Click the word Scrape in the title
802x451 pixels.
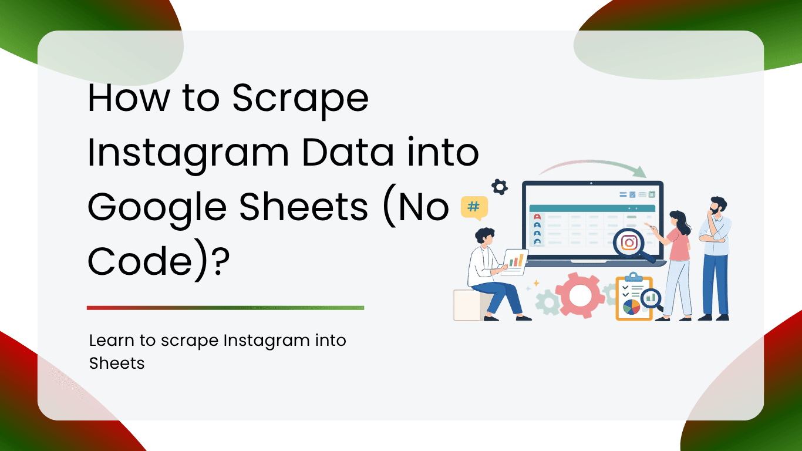pos(300,99)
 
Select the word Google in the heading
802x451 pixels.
pos(157,208)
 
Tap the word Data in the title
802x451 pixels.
pos(348,153)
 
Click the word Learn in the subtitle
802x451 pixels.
pos(112,341)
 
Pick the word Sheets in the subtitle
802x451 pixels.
pos(117,364)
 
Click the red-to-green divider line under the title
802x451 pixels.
pos(225,308)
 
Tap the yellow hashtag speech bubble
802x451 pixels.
pos(474,208)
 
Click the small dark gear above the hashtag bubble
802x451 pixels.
pos(500,187)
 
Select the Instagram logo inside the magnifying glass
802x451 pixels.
pos(629,243)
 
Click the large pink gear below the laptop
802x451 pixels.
pos(580,295)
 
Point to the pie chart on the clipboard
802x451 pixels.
pos(631,307)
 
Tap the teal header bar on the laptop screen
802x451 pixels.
pos(592,208)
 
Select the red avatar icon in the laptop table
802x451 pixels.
pos(537,217)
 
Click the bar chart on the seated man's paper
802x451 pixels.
pos(516,260)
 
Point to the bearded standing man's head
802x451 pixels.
pos(717,206)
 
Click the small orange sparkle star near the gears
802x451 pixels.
pos(537,284)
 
